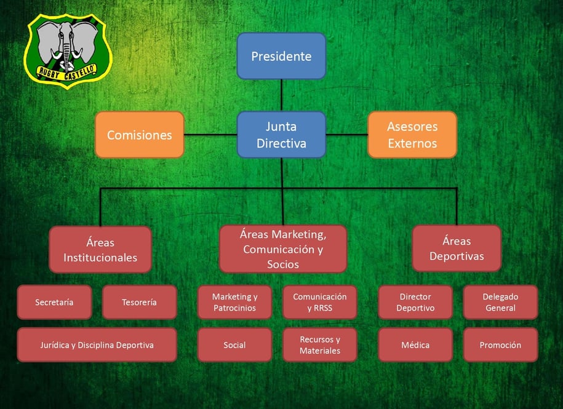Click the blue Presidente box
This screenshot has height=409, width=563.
click(281, 56)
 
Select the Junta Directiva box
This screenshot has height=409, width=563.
click(281, 135)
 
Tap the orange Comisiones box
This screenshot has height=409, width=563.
click(139, 135)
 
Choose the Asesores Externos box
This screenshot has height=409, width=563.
click(412, 135)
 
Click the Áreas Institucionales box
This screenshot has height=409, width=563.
click(100, 250)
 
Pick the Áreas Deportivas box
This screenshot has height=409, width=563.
click(457, 248)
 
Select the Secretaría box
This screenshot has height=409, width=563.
click(54, 302)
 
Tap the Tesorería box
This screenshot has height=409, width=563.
click(139, 302)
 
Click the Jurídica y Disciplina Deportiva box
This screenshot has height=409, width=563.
click(97, 345)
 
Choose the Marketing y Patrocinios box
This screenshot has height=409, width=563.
click(234, 302)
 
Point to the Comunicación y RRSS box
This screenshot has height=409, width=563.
click(319, 302)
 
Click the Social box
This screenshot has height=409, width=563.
click(234, 345)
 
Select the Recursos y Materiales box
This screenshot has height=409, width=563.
click(319, 345)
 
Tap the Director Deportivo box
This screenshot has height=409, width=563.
click(415, 302)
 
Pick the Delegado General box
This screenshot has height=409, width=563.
click(500, 302)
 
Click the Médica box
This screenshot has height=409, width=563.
click(415, 345)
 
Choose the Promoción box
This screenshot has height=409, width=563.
click(500, 345)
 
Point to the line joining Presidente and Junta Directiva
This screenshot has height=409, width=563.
click(281, 95)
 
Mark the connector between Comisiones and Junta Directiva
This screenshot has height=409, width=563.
click(210, 135)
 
